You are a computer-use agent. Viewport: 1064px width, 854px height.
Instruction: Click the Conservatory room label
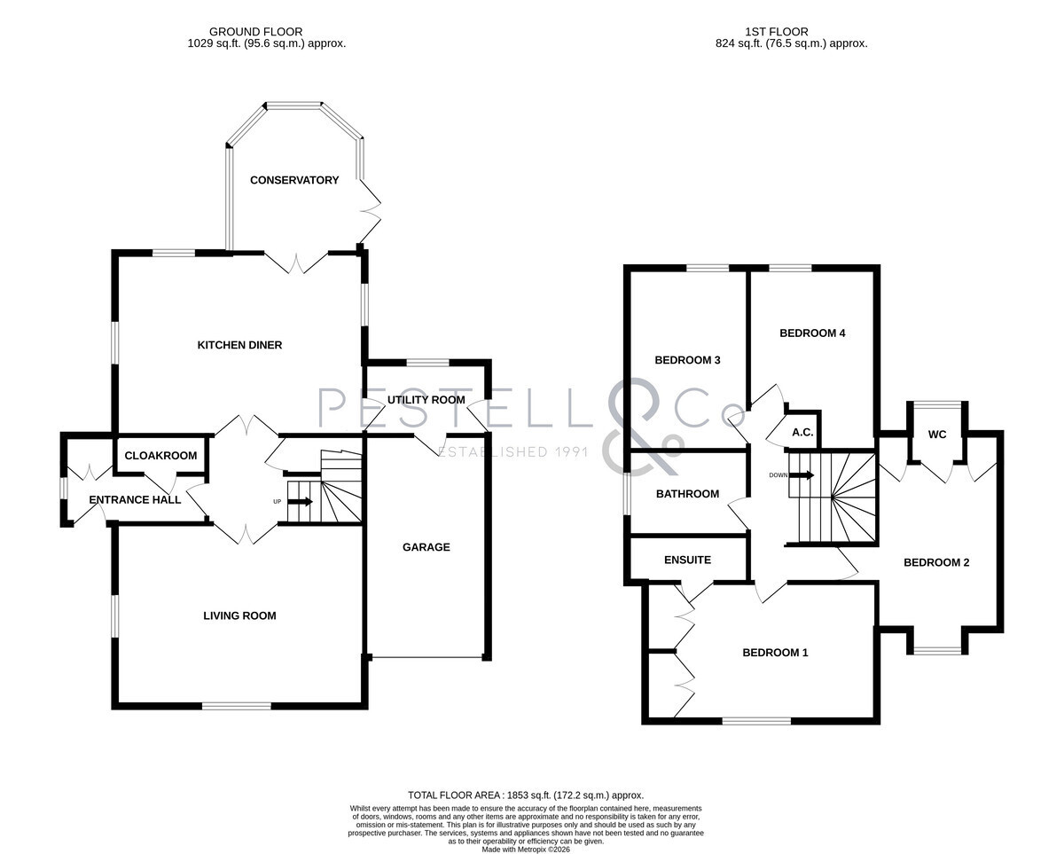(x=294, y=180)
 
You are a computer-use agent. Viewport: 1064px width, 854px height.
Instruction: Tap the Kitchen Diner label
(x=239, y=345)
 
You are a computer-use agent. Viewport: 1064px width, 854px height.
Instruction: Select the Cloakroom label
(x=160, y=456)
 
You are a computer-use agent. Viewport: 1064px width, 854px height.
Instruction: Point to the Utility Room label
(x=426, y=400)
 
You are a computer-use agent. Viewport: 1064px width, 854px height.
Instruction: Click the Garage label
(x=426, y=547)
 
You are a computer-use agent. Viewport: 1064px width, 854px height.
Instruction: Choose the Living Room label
(x=239, y=615)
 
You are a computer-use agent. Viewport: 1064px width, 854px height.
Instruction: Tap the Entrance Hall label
(x=135, y=500)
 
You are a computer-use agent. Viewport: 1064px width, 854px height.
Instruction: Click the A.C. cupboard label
(x=802, y=433)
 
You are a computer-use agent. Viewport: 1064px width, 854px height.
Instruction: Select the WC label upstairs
(x=937, y=435)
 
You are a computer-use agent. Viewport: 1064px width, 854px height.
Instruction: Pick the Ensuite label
(x=688, y=560)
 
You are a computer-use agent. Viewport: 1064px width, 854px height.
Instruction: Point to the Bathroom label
(x=688, y=494)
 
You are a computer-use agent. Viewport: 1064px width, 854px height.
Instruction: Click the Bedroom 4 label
(x=812, y=333)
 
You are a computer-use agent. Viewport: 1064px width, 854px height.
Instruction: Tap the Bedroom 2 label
(x=936, y=562)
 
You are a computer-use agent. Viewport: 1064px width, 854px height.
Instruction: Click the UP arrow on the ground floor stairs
(x=300, y=501)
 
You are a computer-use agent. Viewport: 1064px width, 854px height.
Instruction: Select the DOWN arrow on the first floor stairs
(x=802, y=475)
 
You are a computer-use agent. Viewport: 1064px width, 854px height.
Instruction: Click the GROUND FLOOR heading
(x=255, y=32)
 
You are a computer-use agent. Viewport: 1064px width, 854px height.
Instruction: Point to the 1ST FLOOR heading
(x=777, y=32)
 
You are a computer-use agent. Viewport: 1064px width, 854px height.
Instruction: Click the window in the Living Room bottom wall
(x=237, y=706)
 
